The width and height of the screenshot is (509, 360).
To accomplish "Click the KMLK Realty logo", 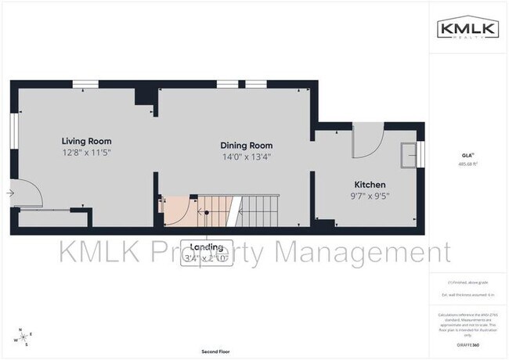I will pyautogui.click(x=467, y=28).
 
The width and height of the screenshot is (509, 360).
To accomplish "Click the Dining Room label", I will pyautogui.click(x=246, y=145).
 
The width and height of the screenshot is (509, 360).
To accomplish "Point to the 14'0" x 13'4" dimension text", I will pyautogui.click(x=246, y=156).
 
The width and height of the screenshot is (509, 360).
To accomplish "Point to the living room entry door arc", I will pyautogui.click(x=27, y=193).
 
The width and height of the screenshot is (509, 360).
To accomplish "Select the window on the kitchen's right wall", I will pyautogui.click(x=421, y=154).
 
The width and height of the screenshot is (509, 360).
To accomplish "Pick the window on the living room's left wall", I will pyautogui.click(x=13, y=131).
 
